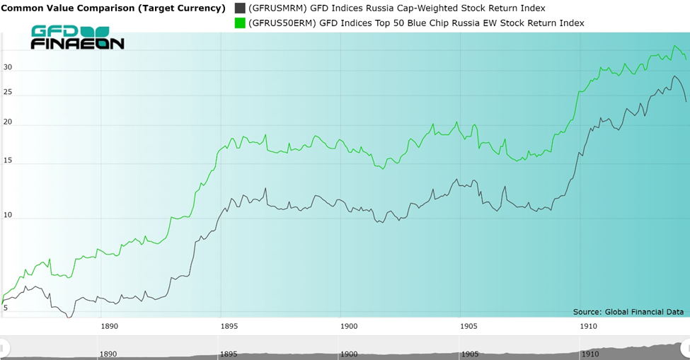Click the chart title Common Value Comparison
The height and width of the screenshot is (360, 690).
pos(113,8)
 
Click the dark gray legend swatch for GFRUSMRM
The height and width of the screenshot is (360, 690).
pos(240,8)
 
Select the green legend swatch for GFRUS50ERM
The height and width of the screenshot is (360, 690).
pos(240,23)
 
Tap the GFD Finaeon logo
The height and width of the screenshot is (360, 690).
pos(77,37)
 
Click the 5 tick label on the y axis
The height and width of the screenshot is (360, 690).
pos(5,308)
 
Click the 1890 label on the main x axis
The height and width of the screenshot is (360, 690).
pos(109,326)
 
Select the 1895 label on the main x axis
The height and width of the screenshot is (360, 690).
pos(229,326)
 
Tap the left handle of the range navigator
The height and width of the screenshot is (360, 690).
pos(4,348)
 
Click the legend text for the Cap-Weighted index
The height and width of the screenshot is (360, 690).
pos(412,8)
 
